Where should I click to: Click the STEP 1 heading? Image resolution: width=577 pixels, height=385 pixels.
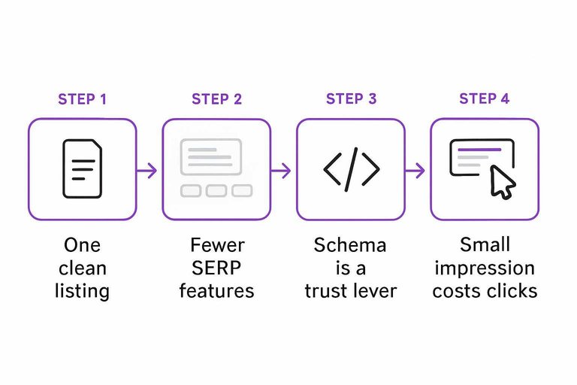coord(82,99)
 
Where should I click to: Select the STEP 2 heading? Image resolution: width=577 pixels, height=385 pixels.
coord(216,99)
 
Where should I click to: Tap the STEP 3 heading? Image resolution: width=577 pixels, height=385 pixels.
coord(351,99)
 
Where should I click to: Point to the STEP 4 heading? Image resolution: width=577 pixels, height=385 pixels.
coord(485,99)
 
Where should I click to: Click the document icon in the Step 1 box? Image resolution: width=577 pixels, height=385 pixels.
coord(82,169)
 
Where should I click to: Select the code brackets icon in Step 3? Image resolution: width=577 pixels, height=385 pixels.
coord(351,169)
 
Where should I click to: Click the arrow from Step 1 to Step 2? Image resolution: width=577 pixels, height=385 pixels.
coord(149,170)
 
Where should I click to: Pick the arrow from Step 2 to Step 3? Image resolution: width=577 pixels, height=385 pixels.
coord(282,170)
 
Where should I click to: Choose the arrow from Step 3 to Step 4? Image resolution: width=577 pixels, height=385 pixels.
coord(417,170)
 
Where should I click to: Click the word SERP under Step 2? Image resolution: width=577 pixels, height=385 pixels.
coord(216,268)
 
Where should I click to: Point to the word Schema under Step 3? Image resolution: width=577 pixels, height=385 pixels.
coord(351,246)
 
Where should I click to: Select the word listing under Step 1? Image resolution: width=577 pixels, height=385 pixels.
coord(82,291)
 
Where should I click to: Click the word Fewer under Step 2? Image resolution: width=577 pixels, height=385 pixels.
coord(216,246)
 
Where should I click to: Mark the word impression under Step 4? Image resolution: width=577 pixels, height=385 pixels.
coord(485,268)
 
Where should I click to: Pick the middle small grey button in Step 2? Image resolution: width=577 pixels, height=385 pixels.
coord(216,191)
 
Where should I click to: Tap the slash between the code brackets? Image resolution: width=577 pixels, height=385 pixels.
coord(351,169)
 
